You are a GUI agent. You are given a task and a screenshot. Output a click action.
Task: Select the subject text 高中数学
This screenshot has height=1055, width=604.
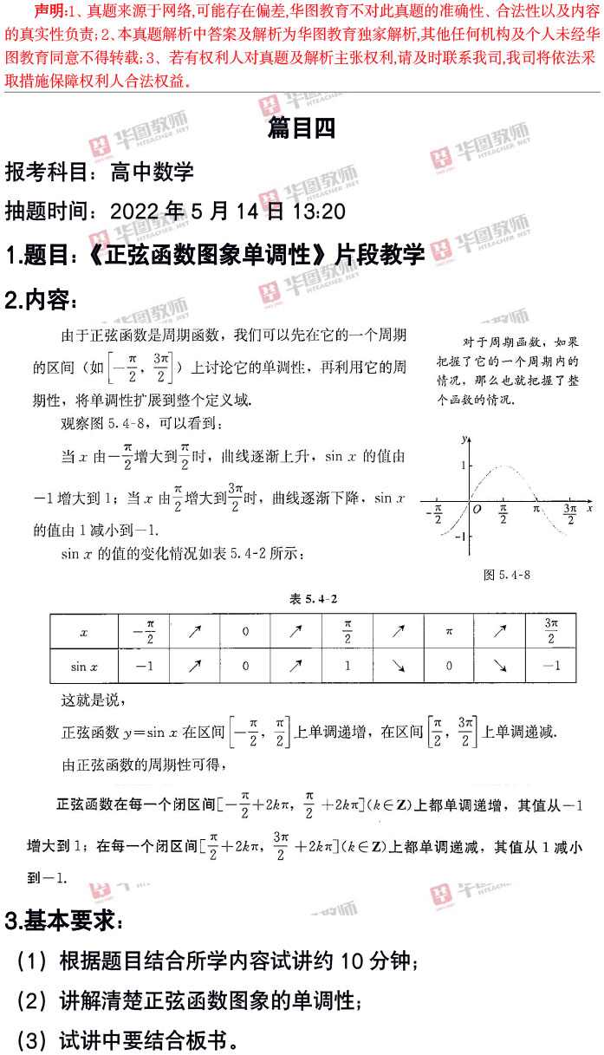click(x=152, y=171)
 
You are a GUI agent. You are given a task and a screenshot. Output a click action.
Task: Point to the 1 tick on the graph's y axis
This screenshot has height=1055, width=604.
click(x=464, y=466)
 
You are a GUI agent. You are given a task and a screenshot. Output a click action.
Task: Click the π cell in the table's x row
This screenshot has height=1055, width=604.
click(x=449, y=632)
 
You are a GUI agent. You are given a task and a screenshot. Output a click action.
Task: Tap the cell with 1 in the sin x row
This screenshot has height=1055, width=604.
click(x=347, y=666)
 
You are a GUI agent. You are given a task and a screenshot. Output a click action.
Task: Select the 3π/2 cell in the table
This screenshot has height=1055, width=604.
click(x=551, y=632)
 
